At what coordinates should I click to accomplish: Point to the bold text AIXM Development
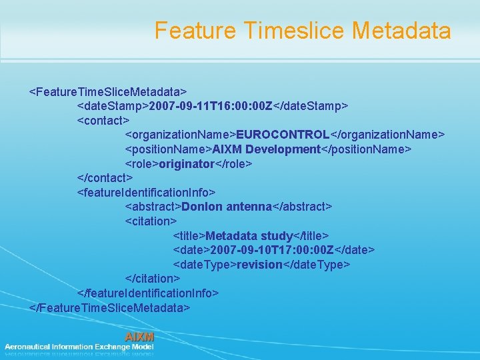pyautogui.click(x=266, y=149)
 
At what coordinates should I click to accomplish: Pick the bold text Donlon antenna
pyautogui.click(x=227, y=207)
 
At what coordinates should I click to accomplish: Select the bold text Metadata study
pyautogui.click(x=249, y=236)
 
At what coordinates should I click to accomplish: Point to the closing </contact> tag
pyautogui.click(x=105, y=178)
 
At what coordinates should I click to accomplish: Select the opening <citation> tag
pyautogui.click(x=151, y=221)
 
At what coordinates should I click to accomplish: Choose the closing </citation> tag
pyautogui.click(x=153, y=279)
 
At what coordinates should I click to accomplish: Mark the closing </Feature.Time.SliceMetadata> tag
pyautogui.click(x=110, y=307)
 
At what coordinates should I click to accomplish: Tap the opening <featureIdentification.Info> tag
pyautogui.click(x=146, y=192)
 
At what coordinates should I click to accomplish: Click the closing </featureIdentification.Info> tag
pyautogui.click(x=148, y=293)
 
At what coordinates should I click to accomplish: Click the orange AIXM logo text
pyautogui.click(x=139, y=337)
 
